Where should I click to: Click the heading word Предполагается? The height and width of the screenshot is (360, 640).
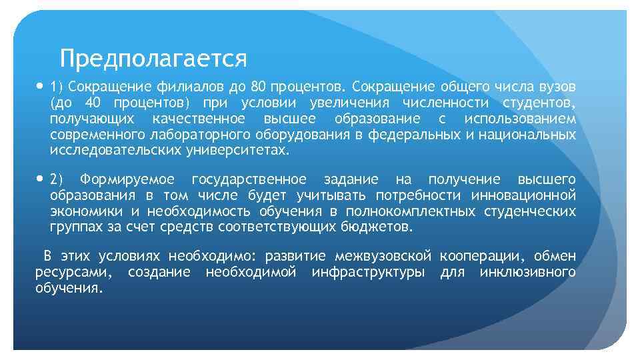click(x=153, y=59)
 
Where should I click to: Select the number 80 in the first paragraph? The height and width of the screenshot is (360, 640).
click(x=259, y=87)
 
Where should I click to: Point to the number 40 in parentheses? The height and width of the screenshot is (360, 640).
click(x=94, y=103)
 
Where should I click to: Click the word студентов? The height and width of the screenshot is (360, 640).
click(x=541, y=103)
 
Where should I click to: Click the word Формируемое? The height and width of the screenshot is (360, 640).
click(x=127, y=180)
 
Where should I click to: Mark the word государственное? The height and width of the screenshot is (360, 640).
click(x=249, y=180)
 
